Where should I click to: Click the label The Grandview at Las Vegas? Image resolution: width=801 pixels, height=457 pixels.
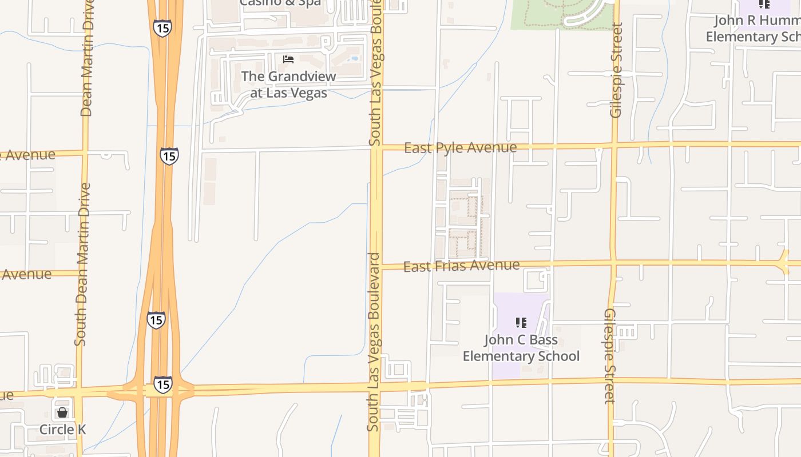[x=288, y=84]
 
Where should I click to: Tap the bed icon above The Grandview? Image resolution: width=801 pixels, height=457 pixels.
[x=288, y=59]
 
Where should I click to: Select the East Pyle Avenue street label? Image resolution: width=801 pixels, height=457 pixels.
[x=460, y=148]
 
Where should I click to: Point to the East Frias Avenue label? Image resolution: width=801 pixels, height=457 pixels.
[x=461, y=266]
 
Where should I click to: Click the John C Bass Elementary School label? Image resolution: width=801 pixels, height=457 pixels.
[x=521, y=348]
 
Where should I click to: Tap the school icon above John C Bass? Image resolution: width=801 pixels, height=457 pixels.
[x=521, y=323]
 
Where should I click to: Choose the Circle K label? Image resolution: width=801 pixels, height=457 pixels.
[x=62, y=430]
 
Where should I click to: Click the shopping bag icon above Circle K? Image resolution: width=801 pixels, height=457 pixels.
[x=62, y=412]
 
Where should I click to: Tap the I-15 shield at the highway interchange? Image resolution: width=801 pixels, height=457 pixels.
[x=162, y=384]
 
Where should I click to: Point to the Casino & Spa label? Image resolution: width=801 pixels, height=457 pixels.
[x=280, y=3]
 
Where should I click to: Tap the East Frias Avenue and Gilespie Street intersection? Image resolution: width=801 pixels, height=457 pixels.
[x=613, y=263]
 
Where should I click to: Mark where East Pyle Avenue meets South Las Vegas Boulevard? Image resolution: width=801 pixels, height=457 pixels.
[x=376, y=148]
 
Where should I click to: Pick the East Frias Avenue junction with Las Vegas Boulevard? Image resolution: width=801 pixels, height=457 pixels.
[x=376, y=267]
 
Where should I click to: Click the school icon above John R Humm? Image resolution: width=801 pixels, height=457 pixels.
[x=764, y=5]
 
